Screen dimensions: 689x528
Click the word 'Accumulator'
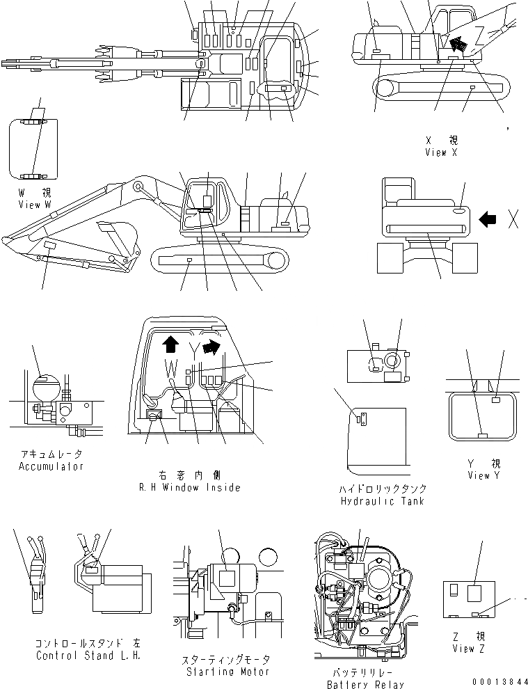51,466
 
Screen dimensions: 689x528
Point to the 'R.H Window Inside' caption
189,487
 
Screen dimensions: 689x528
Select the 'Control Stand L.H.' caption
81,656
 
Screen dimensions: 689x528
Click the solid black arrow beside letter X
489,219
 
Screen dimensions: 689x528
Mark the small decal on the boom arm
50,247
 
